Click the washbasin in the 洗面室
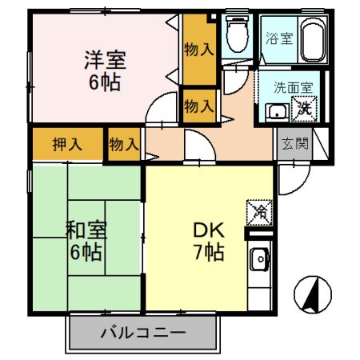278,110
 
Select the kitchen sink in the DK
259,259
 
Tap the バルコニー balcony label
144,331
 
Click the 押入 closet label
67,145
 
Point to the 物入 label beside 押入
123,145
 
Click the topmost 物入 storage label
198,49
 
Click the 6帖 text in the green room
84,254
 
